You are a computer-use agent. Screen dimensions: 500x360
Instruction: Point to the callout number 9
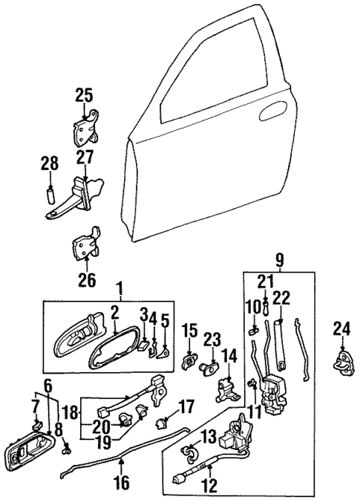tap(279, 260)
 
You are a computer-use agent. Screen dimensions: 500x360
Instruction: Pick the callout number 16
tap(122, 483)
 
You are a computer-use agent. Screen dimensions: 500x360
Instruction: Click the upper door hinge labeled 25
tap(86, 128)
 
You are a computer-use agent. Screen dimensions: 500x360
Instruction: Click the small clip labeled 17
tap(160, 425)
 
